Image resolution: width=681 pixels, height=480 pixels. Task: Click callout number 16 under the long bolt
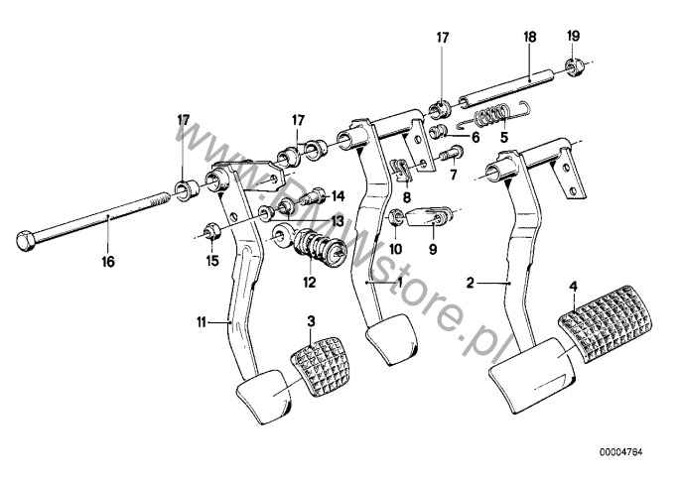pos(107,262)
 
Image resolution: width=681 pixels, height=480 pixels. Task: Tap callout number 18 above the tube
pos(529,37)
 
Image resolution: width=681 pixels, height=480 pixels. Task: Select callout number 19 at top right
pos(573,37)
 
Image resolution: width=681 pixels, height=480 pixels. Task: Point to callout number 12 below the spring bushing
pos(310,283)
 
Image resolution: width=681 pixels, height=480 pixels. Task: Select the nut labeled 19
pos(574,68)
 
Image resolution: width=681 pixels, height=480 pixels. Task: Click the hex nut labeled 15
pos(211,233)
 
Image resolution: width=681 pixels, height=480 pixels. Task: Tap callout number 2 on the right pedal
pos(472,283)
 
